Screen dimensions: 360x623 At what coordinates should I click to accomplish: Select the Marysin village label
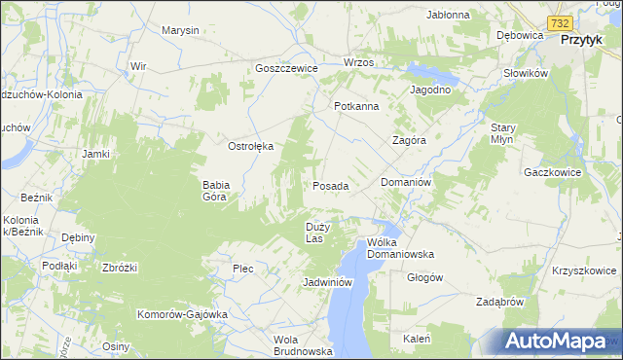click(x=180, y=30)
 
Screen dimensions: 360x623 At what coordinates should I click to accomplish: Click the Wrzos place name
click(x=358, y=62)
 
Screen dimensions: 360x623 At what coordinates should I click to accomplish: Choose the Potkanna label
click(x=355, y=106)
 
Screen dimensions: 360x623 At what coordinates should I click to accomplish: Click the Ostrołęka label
click(x=251, y=146)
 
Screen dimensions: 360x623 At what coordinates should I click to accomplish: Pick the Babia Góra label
click(x=215, y=190)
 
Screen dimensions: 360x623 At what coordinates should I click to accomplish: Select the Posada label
click(x=330, y=185)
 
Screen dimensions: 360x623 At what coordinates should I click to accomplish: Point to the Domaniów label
click(x=406, y=182)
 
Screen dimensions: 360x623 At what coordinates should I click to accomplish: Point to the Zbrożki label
click(x=120, y=268)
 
